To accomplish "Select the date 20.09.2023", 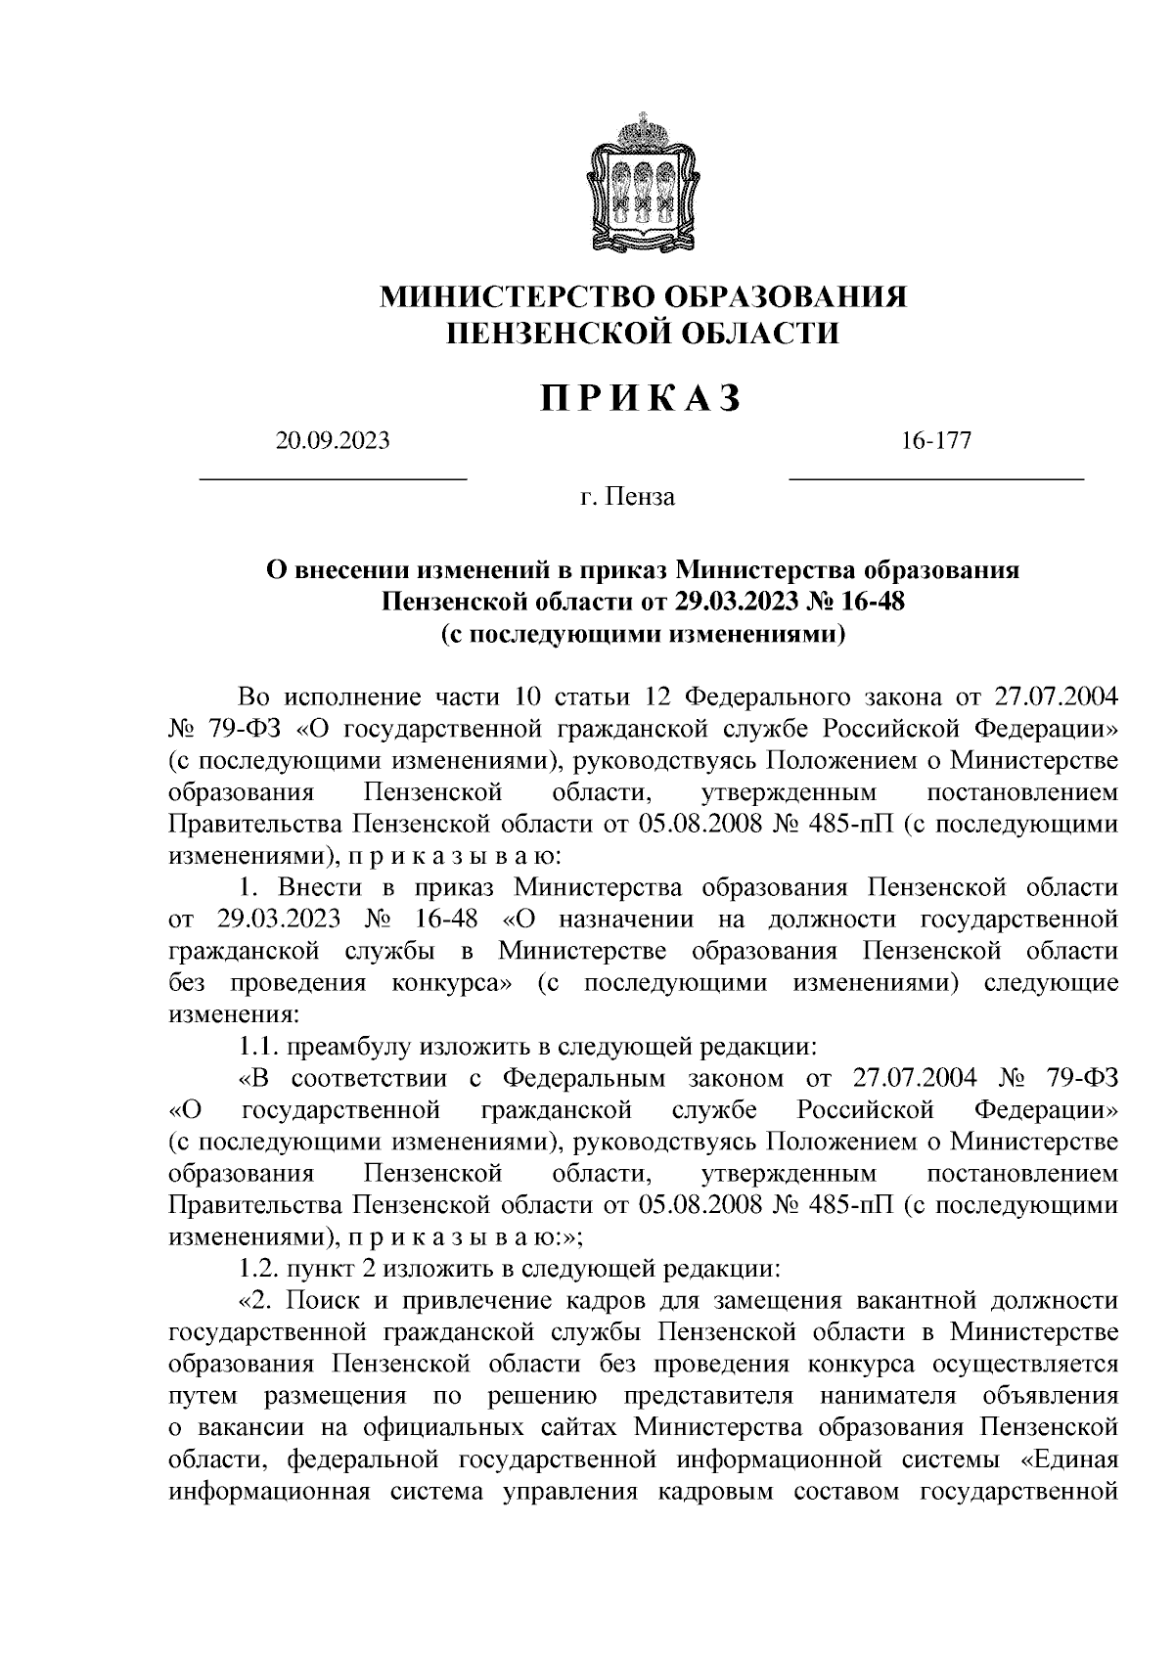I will (x=333, y=441).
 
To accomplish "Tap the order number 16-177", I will (x=936, y=441).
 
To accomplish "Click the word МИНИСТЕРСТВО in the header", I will (x=518, y=295).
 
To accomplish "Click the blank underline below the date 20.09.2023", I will (x=334, y=477).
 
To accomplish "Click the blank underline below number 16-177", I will (x=936, y=477).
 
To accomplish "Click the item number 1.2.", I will (x=259, y=1269).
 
